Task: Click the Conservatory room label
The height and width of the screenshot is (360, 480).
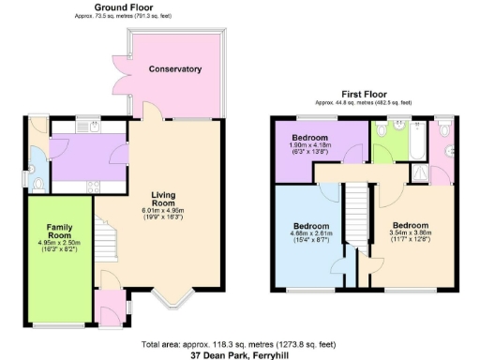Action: coord(175,69)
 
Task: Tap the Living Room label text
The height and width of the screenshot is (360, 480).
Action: coord(163,199)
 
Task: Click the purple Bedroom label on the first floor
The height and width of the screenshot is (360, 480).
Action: coord(311,138)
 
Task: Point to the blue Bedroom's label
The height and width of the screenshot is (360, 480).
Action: coord(310,226)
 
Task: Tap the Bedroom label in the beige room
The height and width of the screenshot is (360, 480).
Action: coord(411,226)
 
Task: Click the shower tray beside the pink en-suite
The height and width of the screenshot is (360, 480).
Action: coord(439,172)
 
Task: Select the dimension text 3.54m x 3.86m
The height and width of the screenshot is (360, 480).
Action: coord(411,237)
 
